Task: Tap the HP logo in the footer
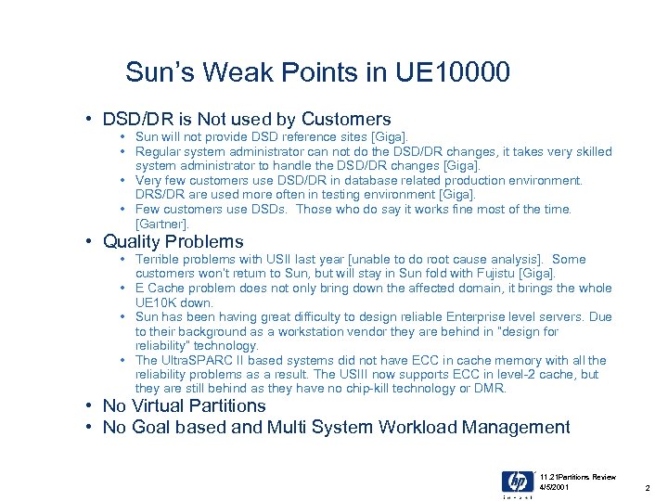(518, 482)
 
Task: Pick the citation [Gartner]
(162, 225)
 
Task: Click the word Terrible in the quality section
(159, 260)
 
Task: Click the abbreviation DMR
(491, 390)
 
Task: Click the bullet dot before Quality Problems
(87, 242)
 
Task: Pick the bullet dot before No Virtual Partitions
(87, 406)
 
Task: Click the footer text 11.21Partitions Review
(577, 477)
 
